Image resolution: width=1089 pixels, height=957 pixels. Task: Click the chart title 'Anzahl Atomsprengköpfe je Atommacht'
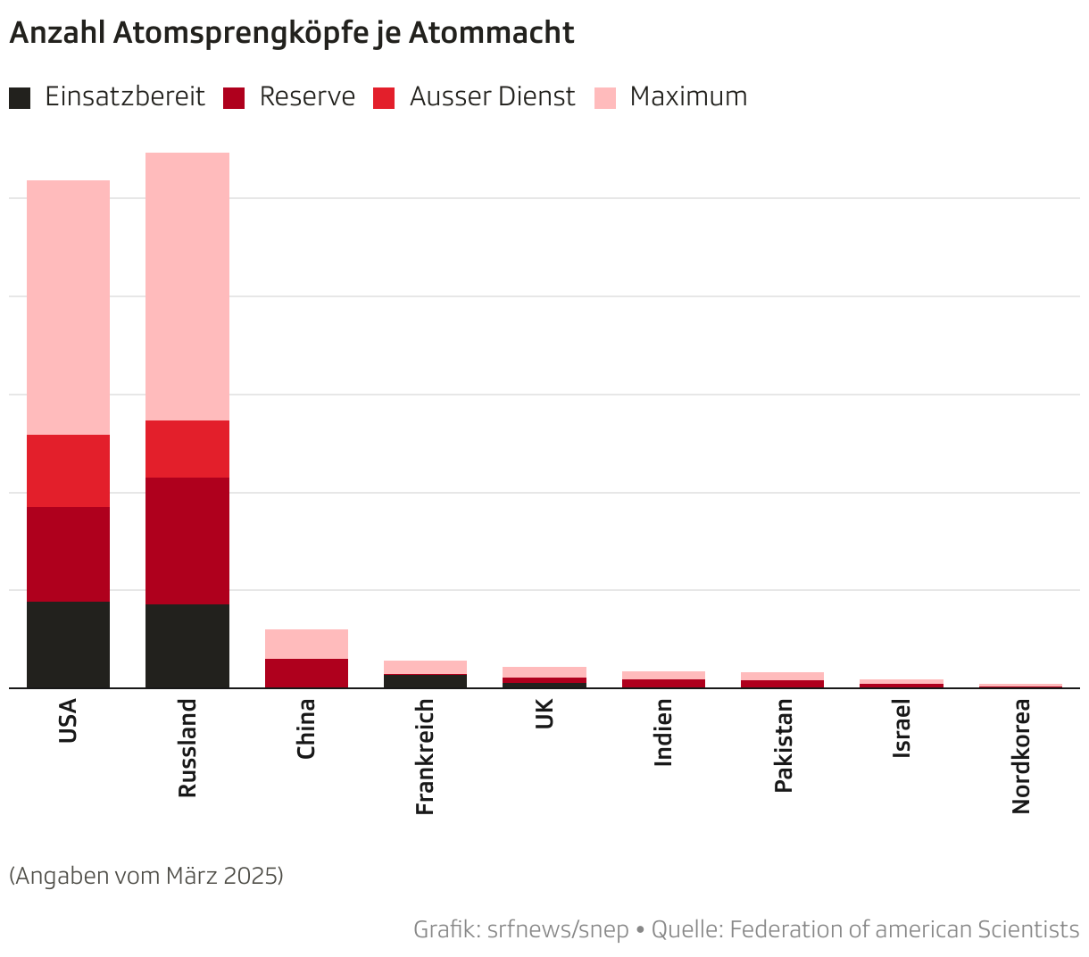click(x=291, y=33)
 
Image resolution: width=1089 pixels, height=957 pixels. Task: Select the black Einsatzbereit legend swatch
click(x=20, y=97)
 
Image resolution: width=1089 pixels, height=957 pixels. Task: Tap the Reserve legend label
click(x=307, y=96)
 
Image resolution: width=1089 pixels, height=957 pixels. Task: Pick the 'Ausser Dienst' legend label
click(x=492, y=96)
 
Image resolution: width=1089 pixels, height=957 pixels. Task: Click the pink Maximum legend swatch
click(x=604, y=97)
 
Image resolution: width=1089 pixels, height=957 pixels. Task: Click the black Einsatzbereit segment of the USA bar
click(x=69, y=645)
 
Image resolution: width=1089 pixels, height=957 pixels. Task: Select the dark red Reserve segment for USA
click(x=69, y=553)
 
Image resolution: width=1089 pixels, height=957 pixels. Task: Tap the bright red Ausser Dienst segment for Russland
click(x=187, y=449)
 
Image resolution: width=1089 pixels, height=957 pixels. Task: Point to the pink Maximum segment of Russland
click(x=187, y=286)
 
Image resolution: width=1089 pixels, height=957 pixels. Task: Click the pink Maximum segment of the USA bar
click(x=69, y=307)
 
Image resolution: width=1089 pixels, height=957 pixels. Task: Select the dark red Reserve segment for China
click(x=306, y=672)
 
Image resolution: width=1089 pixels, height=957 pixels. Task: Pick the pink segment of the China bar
click(x=306, y=644)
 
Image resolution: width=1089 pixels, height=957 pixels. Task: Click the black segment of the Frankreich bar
click(x=425, y=680)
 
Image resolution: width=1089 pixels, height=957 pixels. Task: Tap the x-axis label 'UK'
click(x=544, y=713)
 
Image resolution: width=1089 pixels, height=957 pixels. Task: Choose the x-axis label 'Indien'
click(x=663, y=732)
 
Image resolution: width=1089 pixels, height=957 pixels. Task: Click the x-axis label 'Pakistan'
click(x=783, y=745)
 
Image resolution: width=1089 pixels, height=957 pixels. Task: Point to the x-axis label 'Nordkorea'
click(x=1020, y=755)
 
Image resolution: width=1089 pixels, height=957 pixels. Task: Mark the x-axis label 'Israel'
click(x=902, y=729)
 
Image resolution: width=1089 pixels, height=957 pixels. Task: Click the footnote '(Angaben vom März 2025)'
click(x=146, y=876)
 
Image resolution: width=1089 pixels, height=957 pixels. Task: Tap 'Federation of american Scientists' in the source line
click(x=904, y=929)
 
